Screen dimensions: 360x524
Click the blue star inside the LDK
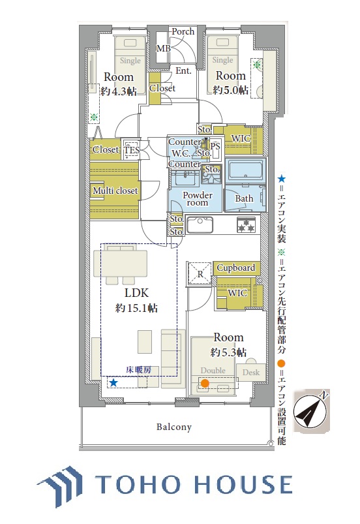tap(113, 382)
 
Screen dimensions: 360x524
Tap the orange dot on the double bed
tap(205, 383)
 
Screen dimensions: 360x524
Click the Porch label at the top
tap(183, 31)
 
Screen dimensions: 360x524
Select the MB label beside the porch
tap(163, 48)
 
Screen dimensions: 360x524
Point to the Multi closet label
tap(115, 191)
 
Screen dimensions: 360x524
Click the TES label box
tap(131, 150)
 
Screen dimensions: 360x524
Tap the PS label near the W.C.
tap(215, 146)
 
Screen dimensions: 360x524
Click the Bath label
tap(244, 198)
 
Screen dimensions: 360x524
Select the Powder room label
tap(198, 198)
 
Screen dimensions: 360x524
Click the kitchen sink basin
tap(200, 225)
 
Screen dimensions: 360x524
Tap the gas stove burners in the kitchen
tap(247, 225)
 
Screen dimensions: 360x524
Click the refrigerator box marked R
tap(200, 274)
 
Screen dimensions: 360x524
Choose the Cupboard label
tap(236, 268)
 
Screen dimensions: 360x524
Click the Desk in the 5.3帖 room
tap(251, 372)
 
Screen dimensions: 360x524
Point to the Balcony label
tap(174, 427)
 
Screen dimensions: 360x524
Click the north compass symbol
tap(311, 410)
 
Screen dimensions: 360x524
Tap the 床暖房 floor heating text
tap(139, 370)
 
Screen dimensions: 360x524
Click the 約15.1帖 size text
tap(136, 308)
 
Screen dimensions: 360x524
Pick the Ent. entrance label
tap(183, 71)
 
